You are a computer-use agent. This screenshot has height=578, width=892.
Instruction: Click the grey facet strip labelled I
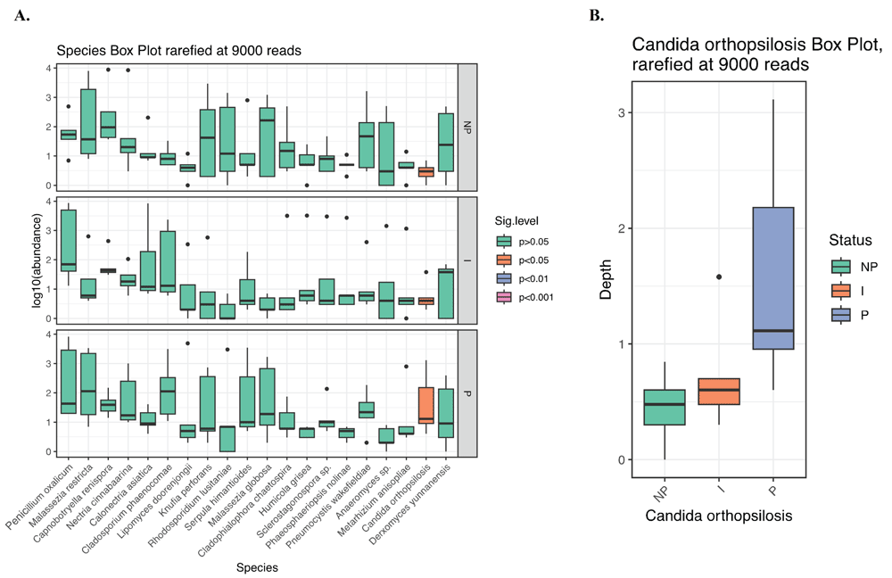pyautogui.click(x=467, y=259)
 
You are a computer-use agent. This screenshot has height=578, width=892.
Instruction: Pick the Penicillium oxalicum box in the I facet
pyautogui.click(x=68, y=239)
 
